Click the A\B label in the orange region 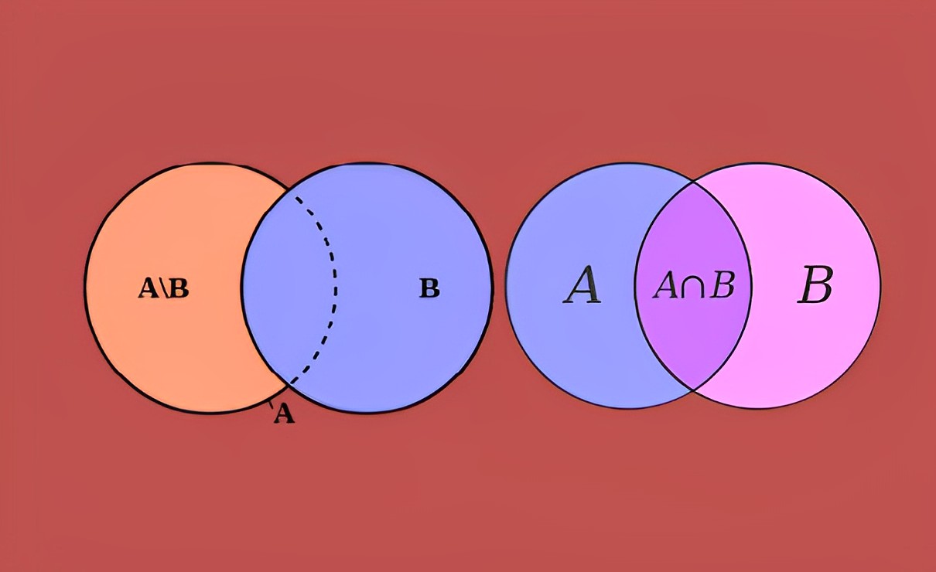(163, 288)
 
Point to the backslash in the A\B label (164, 288)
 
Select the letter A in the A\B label (148, 288)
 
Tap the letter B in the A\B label (179, 288)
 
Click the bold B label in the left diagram (429, 288)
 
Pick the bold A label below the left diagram (285, 415)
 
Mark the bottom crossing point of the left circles (289, 384)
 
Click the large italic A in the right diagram (582, 286)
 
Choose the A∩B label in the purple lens (693, 286)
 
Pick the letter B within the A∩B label (722, 286)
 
